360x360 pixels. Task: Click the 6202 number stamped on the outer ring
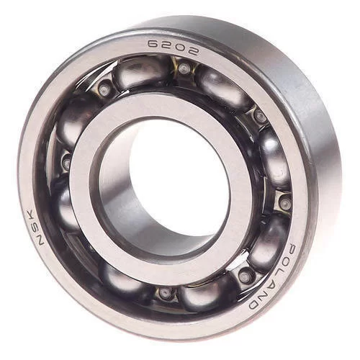(x=173, y=47)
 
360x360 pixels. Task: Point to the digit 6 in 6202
(x=153, y=44)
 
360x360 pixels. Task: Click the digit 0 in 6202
(x=179, y=48)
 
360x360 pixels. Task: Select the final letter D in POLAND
(x=255, y=305)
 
